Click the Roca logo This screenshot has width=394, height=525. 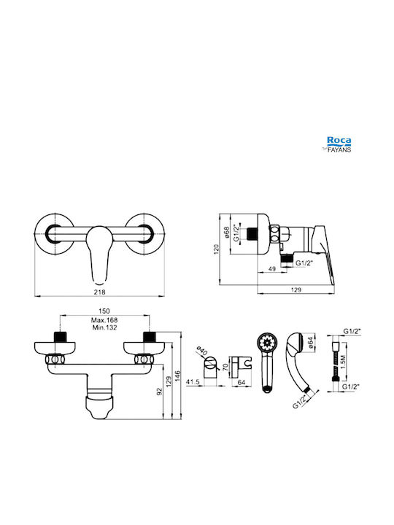pos(339,141)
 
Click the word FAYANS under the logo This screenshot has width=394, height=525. pos(339,149)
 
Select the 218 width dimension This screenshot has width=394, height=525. pos(99,292)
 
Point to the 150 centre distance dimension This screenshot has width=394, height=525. pos(104,311)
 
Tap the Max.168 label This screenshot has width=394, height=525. pos(104,320)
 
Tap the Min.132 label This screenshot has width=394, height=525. pos(104,327)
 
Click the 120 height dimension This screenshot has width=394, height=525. pos(217,249)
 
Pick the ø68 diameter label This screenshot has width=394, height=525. pos(227,233)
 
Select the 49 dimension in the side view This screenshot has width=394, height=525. pos(272,268)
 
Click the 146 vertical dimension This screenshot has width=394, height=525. pos(177,376)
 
